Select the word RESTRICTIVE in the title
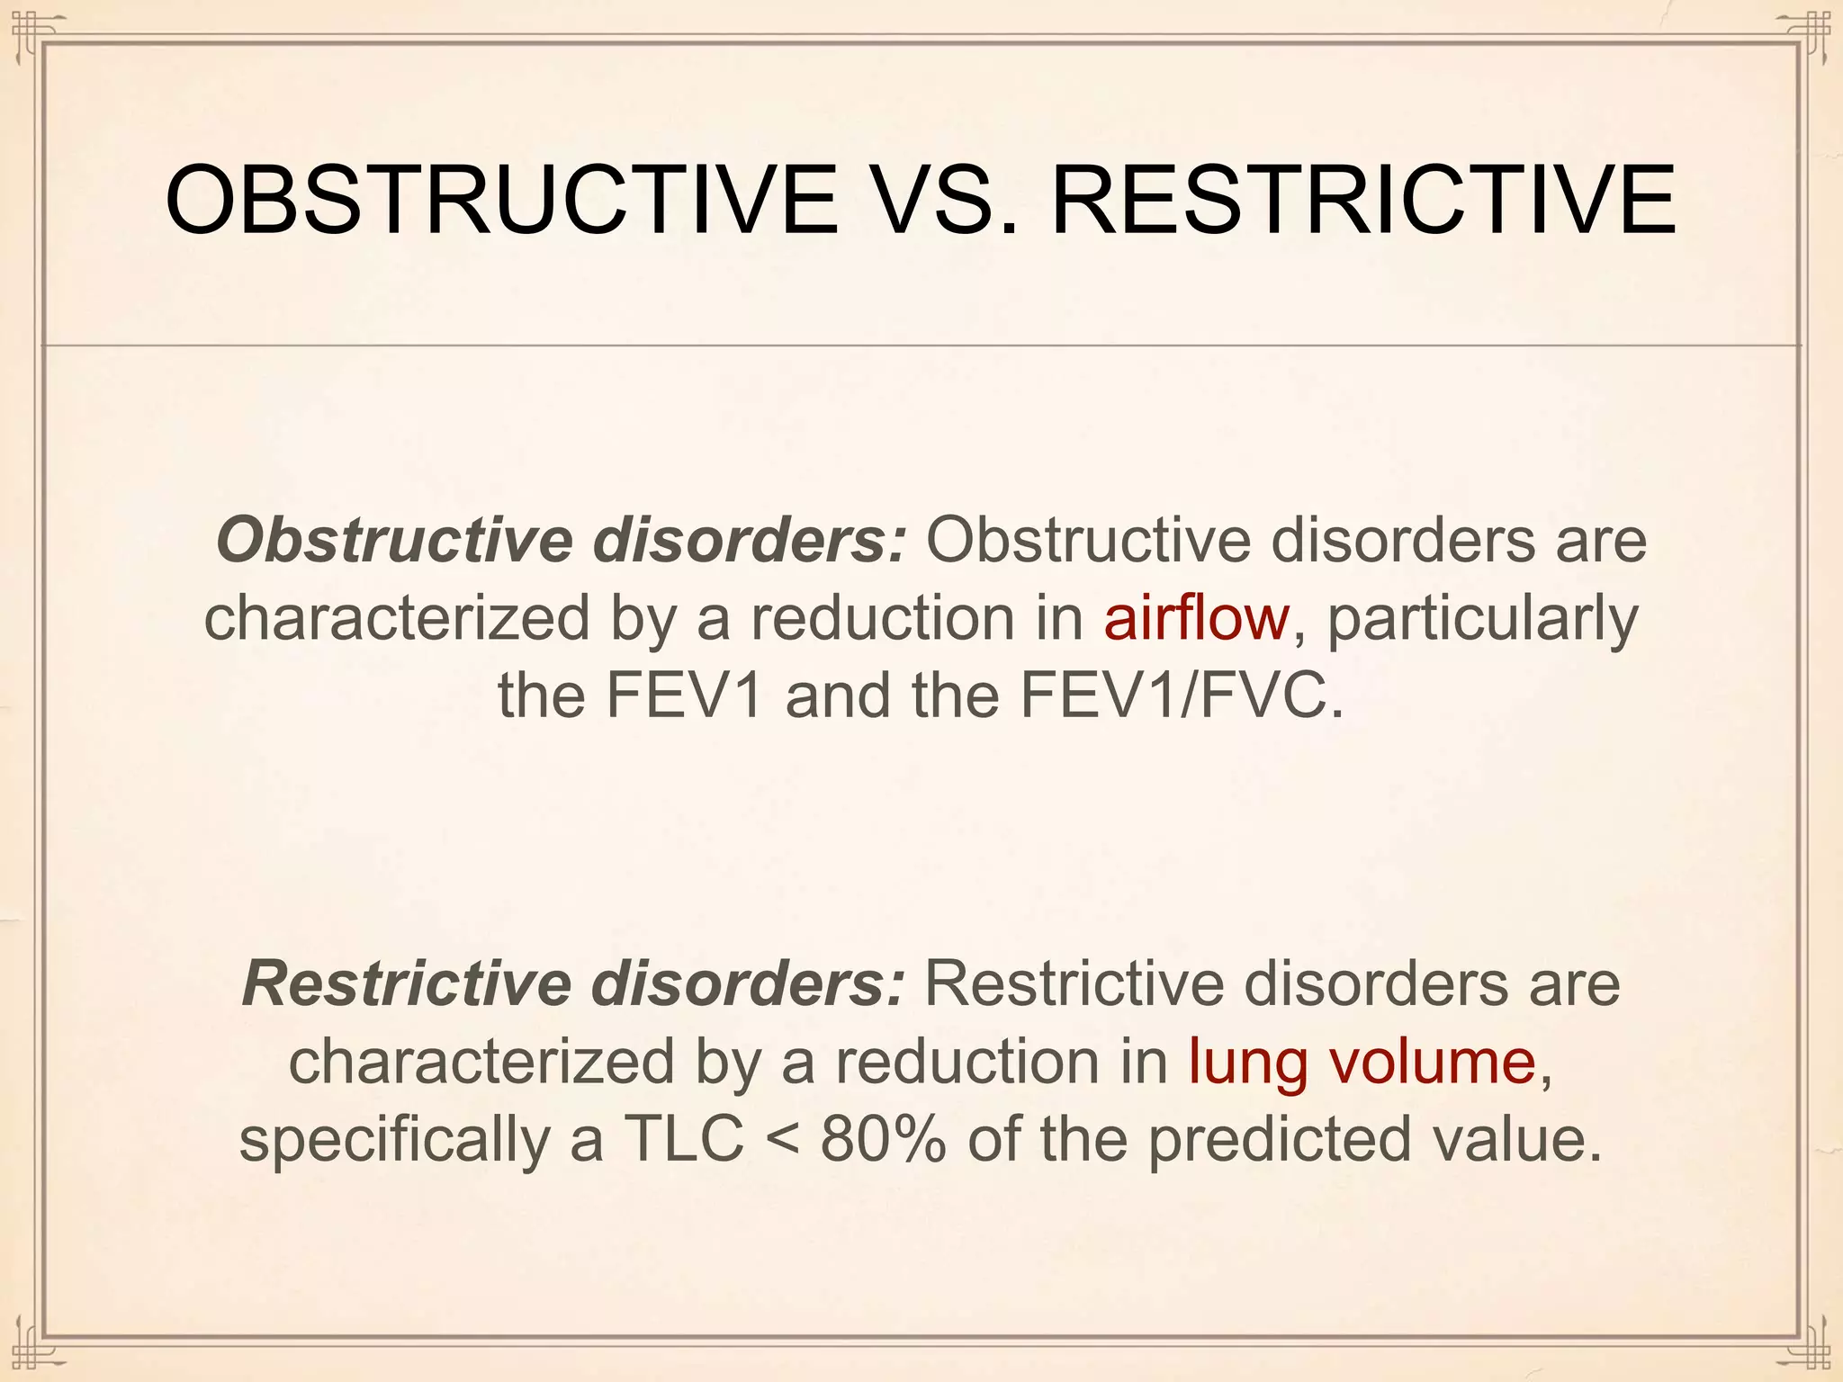[x=1362, y=200]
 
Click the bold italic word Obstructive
[x=394, y=541]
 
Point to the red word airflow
[x=1196, y=618]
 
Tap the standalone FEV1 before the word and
[x=685, y=695]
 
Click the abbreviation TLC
[x=684, y=1139]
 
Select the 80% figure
[x=883, y=1139]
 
